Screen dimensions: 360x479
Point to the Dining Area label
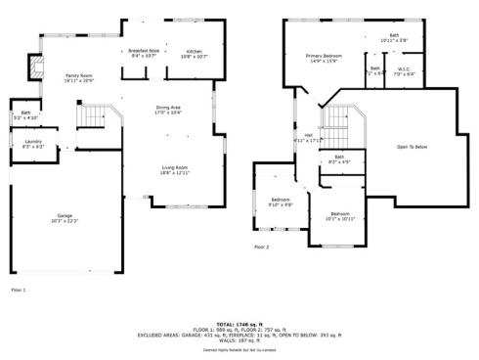pos(168,110)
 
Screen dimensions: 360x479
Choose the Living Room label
pos(175,170)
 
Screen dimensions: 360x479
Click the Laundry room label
pos(32,144)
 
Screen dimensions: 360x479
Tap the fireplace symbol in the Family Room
pos(37,67)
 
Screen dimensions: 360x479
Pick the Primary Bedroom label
pos(323,59)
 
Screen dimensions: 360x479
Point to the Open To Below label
pos(412,147)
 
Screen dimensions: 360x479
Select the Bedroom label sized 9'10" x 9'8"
pos(281,202)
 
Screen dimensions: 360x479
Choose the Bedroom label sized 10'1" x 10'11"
pos(339,216)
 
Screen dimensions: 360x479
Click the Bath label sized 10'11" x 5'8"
pos(394,38)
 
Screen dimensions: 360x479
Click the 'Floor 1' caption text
pos(18,291)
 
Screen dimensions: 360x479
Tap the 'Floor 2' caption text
pos(261,247)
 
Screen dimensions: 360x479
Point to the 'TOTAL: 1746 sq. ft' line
pos(239,323)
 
